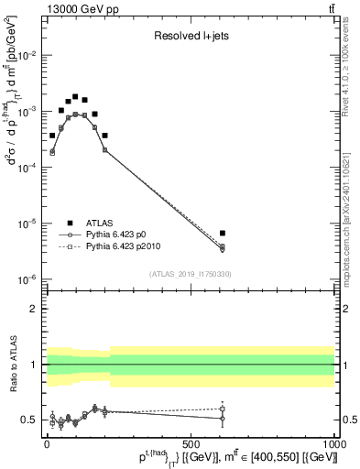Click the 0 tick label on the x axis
(47, 442)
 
